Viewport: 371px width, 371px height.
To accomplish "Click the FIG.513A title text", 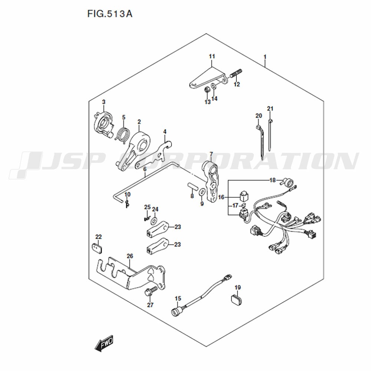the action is point(110,14).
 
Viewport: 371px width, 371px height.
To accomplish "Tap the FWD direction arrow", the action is point(104,343).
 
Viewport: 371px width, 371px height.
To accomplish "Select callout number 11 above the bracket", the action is point(212,56).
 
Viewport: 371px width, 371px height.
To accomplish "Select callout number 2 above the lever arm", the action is point(139,122).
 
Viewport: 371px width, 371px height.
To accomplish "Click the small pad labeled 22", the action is point(96,248).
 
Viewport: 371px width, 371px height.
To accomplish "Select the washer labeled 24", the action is point(154,221).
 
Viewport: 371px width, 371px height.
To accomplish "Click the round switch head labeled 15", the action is point(177,312).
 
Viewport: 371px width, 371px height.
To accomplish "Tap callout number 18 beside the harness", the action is point(273,180).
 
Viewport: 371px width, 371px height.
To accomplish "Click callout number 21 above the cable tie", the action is point(270,109).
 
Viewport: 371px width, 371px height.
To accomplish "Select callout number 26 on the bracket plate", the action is point(130,256).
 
